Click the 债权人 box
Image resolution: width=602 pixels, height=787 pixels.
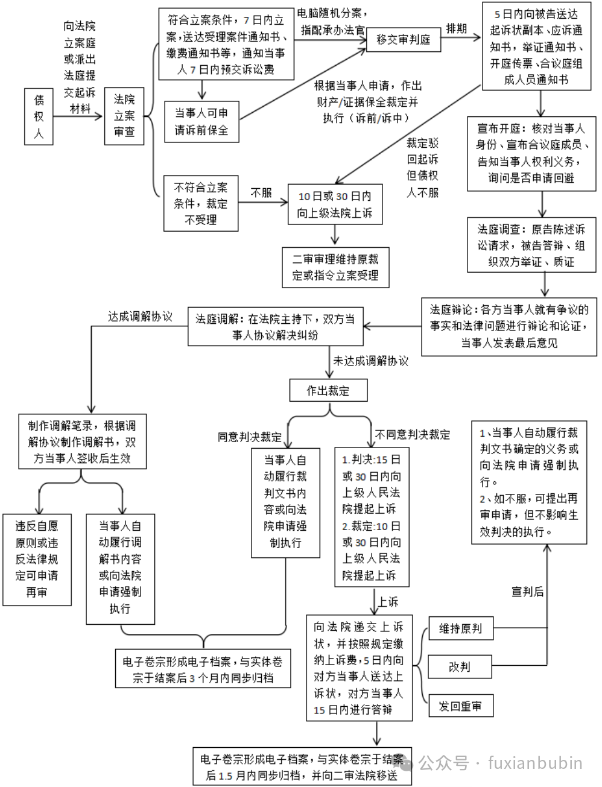pyautogui.click(x=39, y=117)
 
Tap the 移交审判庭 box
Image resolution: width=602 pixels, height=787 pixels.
pyautogui.click(x=404, y=40)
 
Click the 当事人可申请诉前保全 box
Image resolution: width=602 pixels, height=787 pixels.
pyautogui.click(x=201, y=121)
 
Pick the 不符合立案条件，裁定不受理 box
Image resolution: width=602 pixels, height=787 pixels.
pyautogui.click(x=201, y=203)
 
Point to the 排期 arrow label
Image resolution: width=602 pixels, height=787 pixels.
pyautogui.click(x=456, y=28)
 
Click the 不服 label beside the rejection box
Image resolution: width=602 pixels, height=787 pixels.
pyautogui.click(x=261, y=193)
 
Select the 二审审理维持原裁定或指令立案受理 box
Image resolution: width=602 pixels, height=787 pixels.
pyautogui.click(x=335, y=267)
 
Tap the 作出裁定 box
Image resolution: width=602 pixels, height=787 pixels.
pyautogui.click(x=328, y=391)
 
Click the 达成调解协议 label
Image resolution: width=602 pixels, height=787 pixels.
pyautogui.click(x=140, y=317)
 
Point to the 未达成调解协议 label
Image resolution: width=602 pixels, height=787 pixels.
pyautogui.click(x=370, y=361)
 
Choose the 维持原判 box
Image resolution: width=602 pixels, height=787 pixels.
pyautogui.click(x=460, y=628)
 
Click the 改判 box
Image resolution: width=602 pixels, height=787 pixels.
pyautogui.click(x=460, y=666)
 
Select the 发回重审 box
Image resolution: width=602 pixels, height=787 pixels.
pyautogui.click(x=460, y=706)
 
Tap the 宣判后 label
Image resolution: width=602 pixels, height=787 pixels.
pyautogui.click(x=527, y=592)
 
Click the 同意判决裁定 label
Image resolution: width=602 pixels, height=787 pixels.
pyautogui.click(x=250, y=437)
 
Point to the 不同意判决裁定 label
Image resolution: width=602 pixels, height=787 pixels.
pyautogui.click(x=413, y=434)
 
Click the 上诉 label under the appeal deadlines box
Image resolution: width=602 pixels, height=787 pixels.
pyautogui.click(x=388, y=601)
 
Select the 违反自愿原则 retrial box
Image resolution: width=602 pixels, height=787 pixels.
pyautogui.click(x=37, y=559)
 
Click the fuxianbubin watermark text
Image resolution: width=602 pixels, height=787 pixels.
pyautogui.click(x=536, y=763)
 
